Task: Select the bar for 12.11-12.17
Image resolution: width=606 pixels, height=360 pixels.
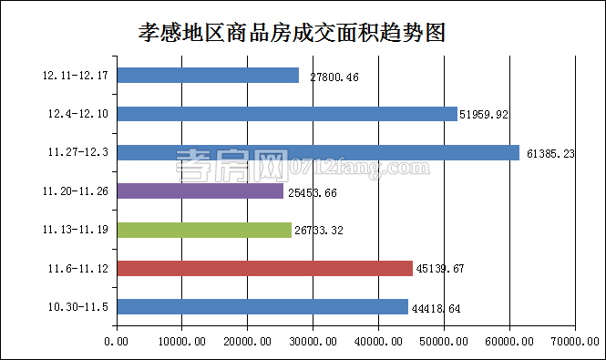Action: pyautogui.click(x=208, y=76)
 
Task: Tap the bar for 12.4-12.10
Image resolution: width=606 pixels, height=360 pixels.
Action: pyautogui.click(x=287, y=114)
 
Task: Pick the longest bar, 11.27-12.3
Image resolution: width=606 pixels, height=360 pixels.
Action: pyautogui.click(x=318, y=153)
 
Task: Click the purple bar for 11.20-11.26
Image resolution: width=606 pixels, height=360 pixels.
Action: pyautogui.click(x=200, y=191)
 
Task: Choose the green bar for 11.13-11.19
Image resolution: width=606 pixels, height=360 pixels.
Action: pyautogui.click(x=204, y=230)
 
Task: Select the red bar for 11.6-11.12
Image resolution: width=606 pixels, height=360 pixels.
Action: pyautogui.click(x=265, y=268)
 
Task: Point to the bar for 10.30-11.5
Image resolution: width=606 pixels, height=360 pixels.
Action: pyautogui.click(x=262, y=307)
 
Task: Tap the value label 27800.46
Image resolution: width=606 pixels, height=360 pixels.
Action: pyautogui.click(x=334, y=77)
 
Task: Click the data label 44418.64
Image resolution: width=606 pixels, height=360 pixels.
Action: pyautogui.click(x=436, y=309)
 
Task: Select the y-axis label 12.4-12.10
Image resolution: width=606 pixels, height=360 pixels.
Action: pyautogui.click(x=78, y=114)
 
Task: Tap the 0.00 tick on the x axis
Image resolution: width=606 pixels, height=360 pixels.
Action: pyautogui.click(x=117, y=341)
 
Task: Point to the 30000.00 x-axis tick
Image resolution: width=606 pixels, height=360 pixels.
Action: pyautogui.click(x=313, y=341)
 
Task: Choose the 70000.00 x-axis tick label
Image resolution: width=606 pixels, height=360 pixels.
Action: pyautogui.click(x=574, y=341)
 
